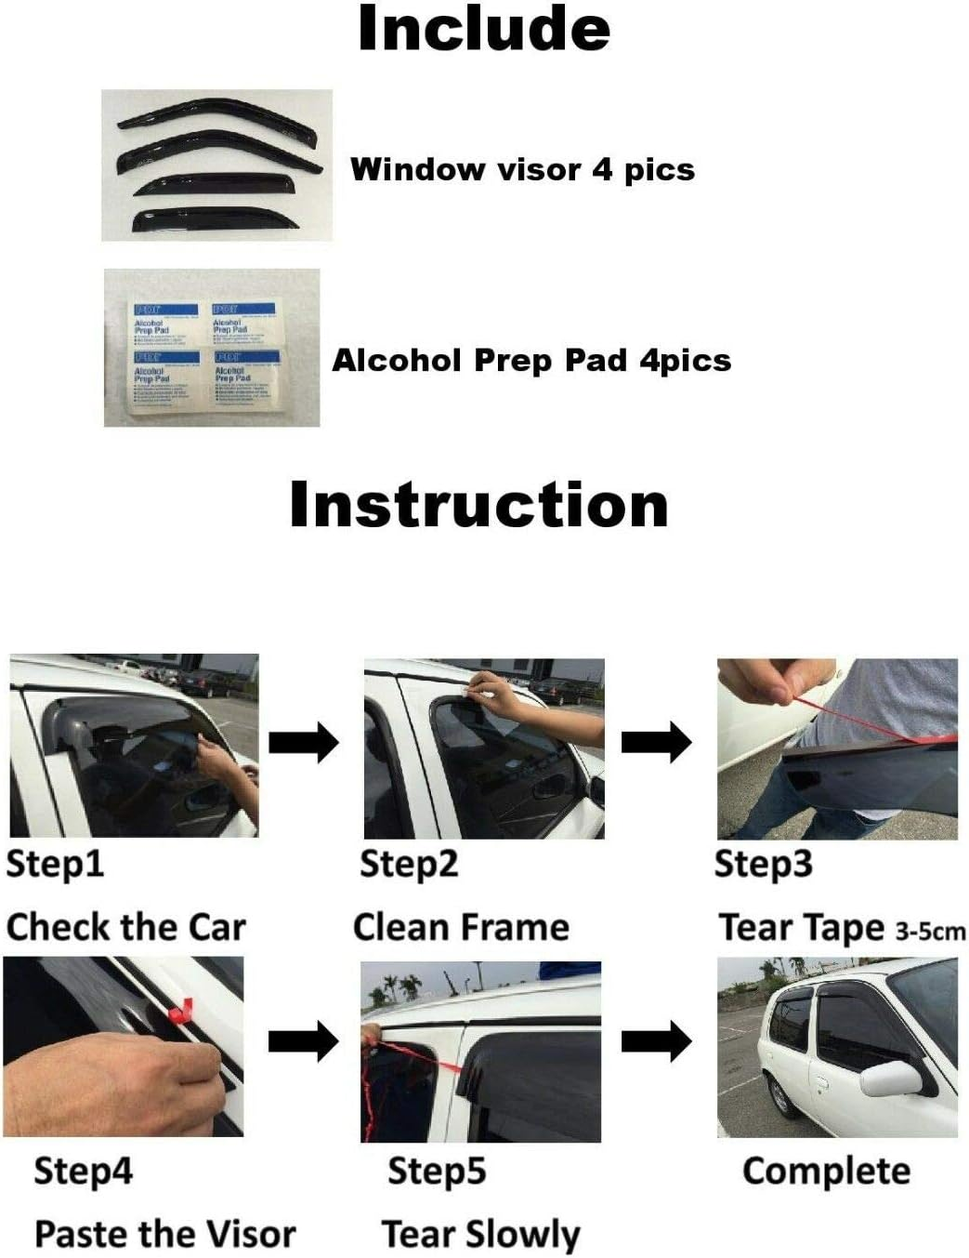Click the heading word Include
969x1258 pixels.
click(484, 29)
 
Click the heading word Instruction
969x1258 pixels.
click(478, 505)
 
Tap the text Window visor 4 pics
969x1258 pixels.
click(522, 170)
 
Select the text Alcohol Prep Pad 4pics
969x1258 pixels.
click(531, 361)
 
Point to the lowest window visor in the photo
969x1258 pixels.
click(213, 219)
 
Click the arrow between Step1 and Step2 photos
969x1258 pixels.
click(304, 742)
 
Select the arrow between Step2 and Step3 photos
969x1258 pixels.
click(656, 742)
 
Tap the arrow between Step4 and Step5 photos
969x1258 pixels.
click(304, 1040)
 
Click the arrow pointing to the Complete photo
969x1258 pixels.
click(656, 1040)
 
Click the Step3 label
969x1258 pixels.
click(763, 864)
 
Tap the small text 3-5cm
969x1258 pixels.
click(930, 931)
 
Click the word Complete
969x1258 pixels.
click(826, 1171)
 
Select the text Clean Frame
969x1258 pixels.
click(461, 927)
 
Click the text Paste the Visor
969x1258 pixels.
click(164, 1234)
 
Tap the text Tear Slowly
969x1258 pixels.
click(480, 1235)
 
